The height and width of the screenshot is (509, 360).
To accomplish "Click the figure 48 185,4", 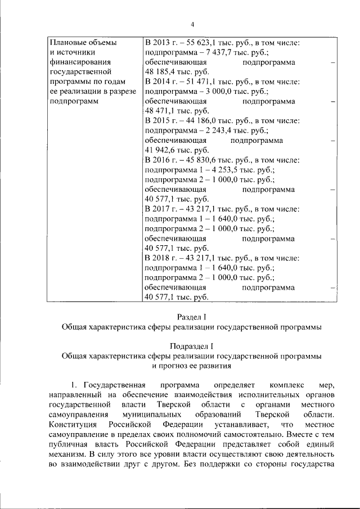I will [161, 72].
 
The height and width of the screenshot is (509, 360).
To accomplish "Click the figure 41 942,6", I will [161, 150].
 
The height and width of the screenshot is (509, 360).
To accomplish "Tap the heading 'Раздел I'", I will [192, 317].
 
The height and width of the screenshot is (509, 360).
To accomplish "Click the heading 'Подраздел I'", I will [192, 346].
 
